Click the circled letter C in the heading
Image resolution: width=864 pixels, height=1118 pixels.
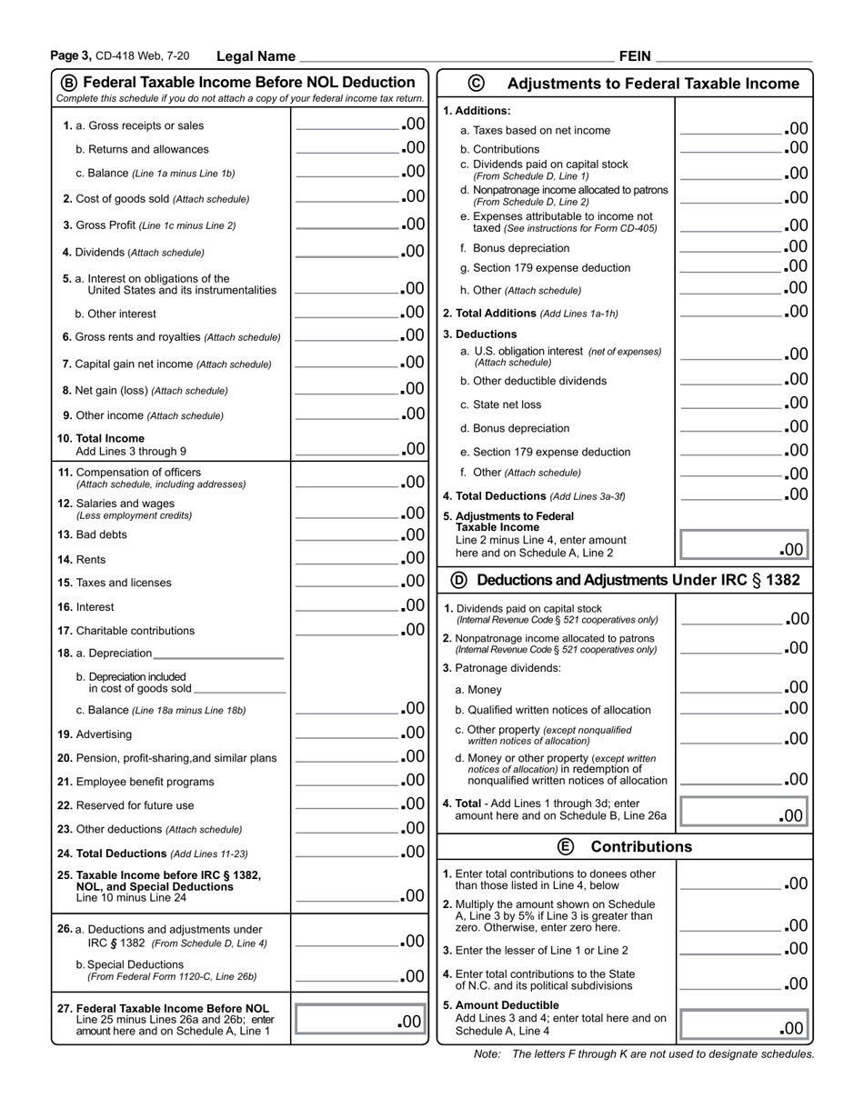point(476,83)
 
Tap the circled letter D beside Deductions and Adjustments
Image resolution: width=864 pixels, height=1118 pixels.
point(458,579)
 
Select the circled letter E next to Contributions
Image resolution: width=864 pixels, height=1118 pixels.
point(566,846)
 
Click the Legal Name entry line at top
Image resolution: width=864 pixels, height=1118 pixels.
point(455,55)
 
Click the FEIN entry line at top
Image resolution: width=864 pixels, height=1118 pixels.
point(733,55)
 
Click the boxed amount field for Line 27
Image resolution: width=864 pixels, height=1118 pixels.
point(359,1021)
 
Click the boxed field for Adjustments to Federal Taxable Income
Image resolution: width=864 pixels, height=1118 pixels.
point(743,547)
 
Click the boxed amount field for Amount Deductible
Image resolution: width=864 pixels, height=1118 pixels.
point(743,1026)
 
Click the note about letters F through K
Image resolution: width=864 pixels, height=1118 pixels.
point(644,1054)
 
